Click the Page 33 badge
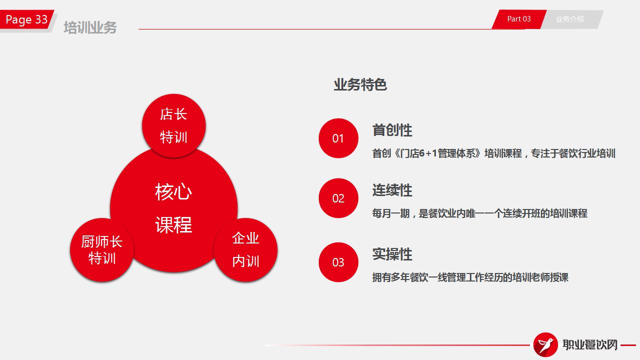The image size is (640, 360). (27, 19)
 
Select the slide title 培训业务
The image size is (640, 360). (90, 27)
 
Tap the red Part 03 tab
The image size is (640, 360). (519, 19)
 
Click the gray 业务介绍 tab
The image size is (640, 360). (570, 19)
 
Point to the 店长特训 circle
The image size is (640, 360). (174, 125)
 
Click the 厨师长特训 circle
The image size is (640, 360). (102, 250)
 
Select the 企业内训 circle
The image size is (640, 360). (245, 250)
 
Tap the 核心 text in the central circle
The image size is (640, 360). (174, 191)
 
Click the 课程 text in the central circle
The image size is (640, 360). (174, 224)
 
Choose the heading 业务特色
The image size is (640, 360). (360, 85)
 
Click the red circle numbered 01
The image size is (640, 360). (338, 138)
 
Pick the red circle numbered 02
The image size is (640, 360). (338, 198)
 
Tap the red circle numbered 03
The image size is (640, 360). (338, 262)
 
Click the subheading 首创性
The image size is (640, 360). (392, 130)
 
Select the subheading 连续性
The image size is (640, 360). (392, 190)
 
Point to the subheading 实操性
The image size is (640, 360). (392, 254)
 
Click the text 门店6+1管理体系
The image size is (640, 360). (438, 153)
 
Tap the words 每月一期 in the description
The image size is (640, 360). (391, 213)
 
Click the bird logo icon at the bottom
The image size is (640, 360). (545, 344)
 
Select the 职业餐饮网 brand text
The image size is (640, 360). (590, 344)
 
